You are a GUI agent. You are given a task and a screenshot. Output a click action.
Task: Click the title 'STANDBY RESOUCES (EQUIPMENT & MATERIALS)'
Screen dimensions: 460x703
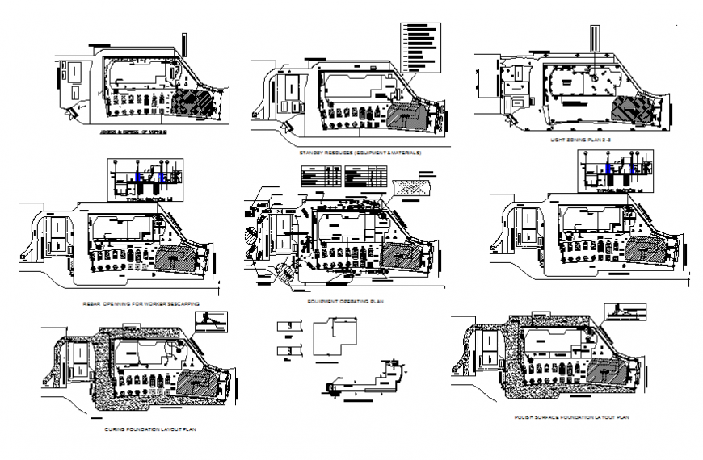pos(360,152)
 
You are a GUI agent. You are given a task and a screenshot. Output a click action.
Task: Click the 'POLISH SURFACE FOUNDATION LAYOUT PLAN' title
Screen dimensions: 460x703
pos(571,417)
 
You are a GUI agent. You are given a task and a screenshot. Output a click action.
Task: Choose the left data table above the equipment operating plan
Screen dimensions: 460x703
pos(319,174)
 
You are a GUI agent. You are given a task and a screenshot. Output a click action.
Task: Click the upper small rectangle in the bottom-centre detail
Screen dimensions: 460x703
pos(285,325)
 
